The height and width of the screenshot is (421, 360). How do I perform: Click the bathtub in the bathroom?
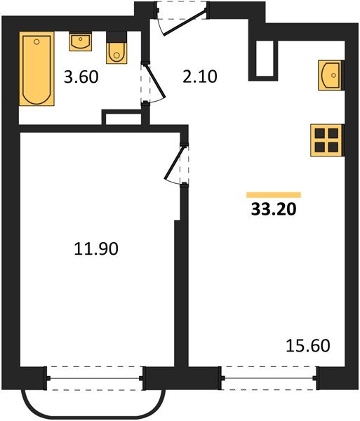pyautogui.click(x=36, y=69)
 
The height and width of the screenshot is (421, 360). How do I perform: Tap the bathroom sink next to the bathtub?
pyautogui.click(x=80, y=41)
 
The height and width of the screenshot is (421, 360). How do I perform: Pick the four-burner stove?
pyautogui.click(x=326, y=140)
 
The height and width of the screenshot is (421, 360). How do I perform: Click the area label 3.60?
pyautogui.click(x=81, y=76)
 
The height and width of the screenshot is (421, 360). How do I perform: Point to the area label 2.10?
pyautogui.click(x=199, y=76)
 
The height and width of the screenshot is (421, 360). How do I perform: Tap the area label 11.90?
pyautogui.click(x=96, y=248)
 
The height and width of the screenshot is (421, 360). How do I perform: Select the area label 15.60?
pyautogui.click(x=308, y=345)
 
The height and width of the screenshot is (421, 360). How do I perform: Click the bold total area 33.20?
pyautogui.click(x=274, y=209)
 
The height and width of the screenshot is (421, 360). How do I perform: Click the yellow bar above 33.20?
pyautogui.click(x=274, y=195)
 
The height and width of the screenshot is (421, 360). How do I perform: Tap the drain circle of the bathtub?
pyautogui.click(x=37, y=41)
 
